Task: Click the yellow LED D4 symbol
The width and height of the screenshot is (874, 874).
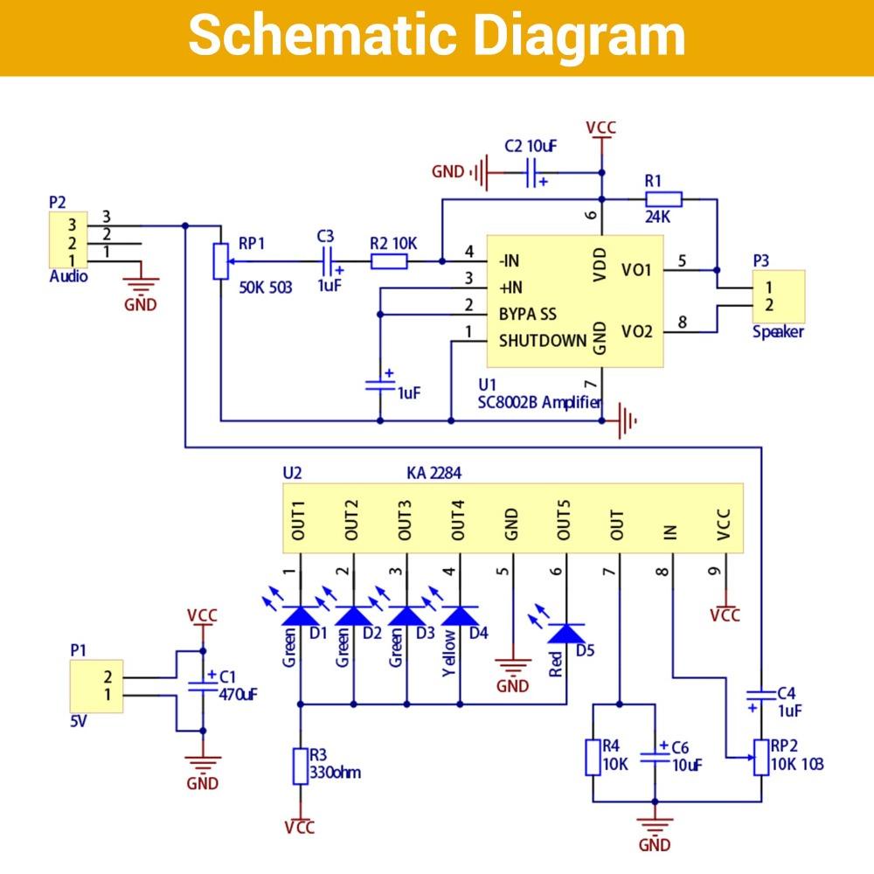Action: [x=461, y=616]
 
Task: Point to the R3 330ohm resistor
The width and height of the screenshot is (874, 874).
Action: [x=300, y=766]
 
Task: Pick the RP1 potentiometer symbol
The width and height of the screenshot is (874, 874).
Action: [x=219, y=260]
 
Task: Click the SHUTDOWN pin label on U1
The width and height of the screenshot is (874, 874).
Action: [x=542, y=341]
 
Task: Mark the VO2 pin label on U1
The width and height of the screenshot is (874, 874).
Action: [x=636, y=331]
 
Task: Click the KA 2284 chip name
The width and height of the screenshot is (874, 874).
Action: [x=434, y=473]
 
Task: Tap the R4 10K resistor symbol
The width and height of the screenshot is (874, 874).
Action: [x=593, y=757]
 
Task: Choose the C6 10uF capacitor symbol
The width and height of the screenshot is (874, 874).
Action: [x=654, y=757]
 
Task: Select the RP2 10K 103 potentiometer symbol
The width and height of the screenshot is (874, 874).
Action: [x=760, y=757]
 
